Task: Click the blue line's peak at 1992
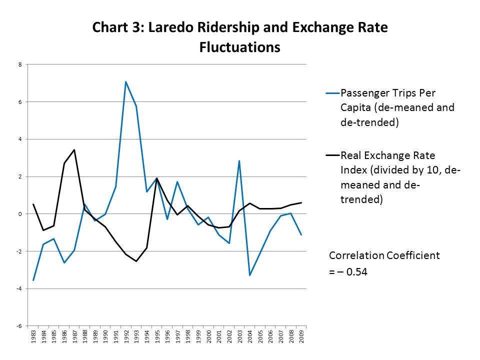point(125,81)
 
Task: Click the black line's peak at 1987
point(74,149)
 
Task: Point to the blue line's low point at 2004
point(249,275)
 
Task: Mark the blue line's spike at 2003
point(239,160)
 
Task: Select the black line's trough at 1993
point(136,261)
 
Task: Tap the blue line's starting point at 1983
point(33,280)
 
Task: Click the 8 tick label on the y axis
point(20,64)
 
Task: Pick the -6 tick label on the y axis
point(19,326)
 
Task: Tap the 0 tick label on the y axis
point(20,214)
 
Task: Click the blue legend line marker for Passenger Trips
point(332,93)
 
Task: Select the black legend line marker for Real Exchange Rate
point(332,155)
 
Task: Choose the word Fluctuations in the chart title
point(239,47)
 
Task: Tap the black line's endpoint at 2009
point(301,202)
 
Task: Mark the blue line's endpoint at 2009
point(301,234)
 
